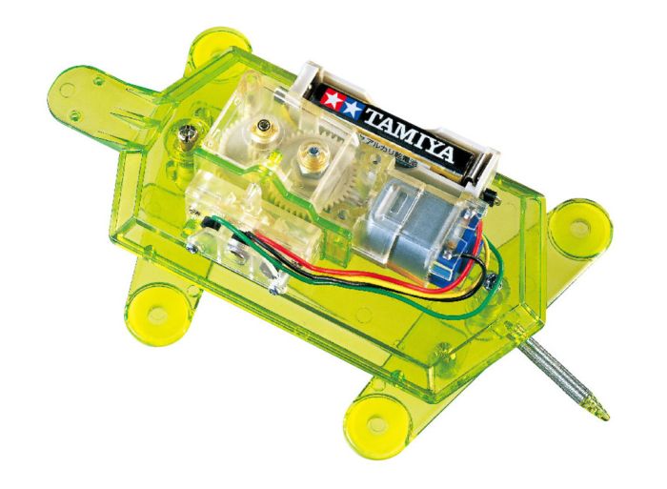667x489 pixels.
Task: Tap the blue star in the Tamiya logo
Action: click(x=352, y=105)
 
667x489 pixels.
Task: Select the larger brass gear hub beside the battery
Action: click(x=309, y=152)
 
